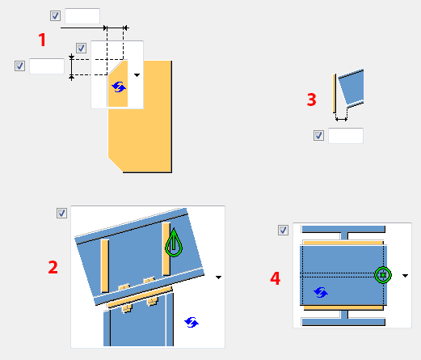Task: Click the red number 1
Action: [42, 40]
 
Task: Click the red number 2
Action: [53, 267]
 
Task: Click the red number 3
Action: [312, 100]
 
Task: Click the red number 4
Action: [275, 278]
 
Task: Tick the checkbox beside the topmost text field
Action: [55, 15]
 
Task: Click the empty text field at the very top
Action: [82, 16]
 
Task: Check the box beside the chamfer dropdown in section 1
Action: [81, 49]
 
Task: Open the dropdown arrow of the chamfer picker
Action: [137, 75]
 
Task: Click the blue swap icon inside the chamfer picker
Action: [119, 87]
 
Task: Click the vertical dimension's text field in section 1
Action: [47, 66]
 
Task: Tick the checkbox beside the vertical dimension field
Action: [19, 66]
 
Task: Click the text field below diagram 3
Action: [346, 136]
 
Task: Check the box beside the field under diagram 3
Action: [318, 135]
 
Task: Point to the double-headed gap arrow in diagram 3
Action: [341, 119]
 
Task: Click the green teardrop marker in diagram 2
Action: [174, 243]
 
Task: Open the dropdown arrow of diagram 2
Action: [218, 277]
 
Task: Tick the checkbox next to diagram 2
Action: [61, 213]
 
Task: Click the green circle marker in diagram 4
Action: [383, 275]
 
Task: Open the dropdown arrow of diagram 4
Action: [405, 276]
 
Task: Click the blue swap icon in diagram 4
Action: [321, 293]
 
